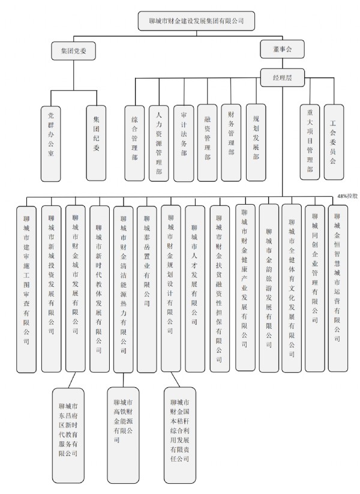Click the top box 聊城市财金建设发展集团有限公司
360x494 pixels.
click(196, 21)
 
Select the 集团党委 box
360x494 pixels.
click(73, 51)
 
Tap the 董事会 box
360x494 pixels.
click(282, 49)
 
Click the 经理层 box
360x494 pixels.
click(282, 77)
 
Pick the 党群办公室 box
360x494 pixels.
click(51, 143)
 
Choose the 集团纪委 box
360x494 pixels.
click(96, 143)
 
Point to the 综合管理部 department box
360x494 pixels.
click(134, 143)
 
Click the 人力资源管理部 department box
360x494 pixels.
click(159, 143)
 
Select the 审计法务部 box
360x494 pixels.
click(184, 143)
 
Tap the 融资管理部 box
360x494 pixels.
click(207, 143)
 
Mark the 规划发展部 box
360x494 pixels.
click(256, 142)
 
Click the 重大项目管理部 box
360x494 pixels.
click(310, 142)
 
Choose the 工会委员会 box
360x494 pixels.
click(334, 142)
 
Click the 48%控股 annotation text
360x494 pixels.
click(348, 196)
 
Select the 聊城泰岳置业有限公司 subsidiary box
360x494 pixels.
click(147, 289)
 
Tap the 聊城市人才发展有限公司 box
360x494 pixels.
click(195, 289)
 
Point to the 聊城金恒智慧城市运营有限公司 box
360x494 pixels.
click(338, 288)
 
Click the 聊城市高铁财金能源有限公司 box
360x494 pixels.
click(123, 435)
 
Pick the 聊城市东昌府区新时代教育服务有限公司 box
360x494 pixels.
click(68, 435)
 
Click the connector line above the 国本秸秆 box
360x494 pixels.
click(175, 379)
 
